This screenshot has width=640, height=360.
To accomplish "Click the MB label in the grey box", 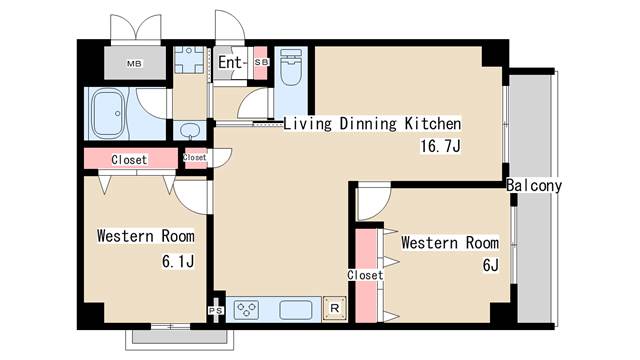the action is tap(134, 64).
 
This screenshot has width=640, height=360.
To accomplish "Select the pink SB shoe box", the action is tap(261, 62).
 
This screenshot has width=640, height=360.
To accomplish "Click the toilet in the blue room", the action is tap(292, 67).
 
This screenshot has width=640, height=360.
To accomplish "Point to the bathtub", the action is tap(108, 114).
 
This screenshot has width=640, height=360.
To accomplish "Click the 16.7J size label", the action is tap(440, 146).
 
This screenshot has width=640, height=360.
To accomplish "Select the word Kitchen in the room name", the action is tap(433, 123).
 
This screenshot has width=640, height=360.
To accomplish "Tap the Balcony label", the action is tap(534, 186).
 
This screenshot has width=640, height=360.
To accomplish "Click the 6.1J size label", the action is tap(178, 261).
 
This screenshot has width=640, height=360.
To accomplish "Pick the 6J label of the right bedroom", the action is tap(491, 265).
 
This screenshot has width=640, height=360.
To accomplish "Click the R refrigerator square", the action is tap(335, 308).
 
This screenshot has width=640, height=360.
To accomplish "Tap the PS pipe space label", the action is tap(216, 311).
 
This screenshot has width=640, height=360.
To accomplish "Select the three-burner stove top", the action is tap(247, 309).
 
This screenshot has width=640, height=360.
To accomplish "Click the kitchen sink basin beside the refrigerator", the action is tap(296, 309).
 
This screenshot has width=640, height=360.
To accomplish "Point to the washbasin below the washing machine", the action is tap(190, 131).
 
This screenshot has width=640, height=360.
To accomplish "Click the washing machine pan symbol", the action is tap(189, 60).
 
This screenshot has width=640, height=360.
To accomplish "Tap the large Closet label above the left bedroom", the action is tap(129, 160).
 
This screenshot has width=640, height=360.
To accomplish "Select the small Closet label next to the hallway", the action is tap(195, 157).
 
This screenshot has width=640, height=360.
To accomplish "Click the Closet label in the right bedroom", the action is tap(365, 275).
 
